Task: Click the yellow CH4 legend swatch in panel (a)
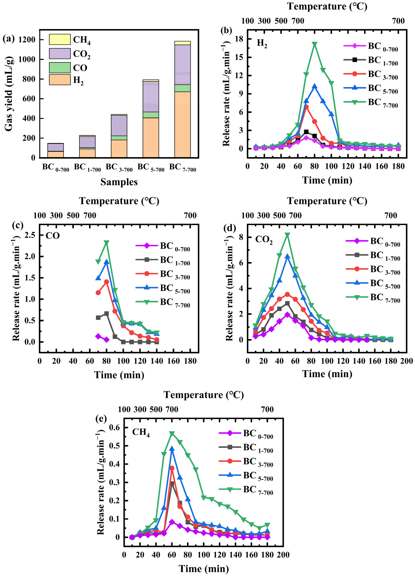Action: click(60, 39)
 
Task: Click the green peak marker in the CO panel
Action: click(107, 242)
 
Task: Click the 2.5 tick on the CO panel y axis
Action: click(30, 235)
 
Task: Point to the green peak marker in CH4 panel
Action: click(172, 433)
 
